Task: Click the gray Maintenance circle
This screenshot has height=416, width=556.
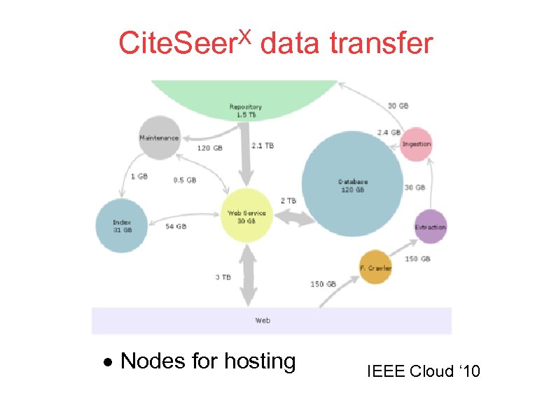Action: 160,137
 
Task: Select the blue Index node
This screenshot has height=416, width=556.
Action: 122,226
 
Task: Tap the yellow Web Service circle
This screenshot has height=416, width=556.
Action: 246,216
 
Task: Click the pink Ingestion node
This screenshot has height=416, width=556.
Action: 417,144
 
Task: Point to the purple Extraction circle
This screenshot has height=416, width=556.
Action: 430,227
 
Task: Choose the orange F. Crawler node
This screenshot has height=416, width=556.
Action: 375,268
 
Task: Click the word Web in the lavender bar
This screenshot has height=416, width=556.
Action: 263,320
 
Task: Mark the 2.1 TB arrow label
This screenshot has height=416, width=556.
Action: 263,145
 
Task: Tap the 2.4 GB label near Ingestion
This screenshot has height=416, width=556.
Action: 389,131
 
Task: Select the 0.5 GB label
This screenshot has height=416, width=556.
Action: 185,180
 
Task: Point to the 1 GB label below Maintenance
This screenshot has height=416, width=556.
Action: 139,176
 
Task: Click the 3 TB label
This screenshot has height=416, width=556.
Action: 223,277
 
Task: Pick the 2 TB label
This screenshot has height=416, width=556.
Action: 289,201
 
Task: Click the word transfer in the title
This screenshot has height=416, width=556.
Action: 382,43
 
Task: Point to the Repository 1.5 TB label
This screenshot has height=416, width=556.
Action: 246,110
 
